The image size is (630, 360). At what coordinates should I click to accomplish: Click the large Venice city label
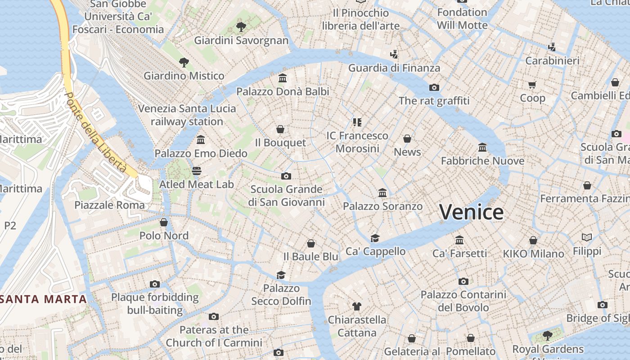[x=471, y=212]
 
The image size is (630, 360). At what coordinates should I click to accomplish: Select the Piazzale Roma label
[x=110, y=205]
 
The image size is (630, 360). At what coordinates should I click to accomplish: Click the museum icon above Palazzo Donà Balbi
[x=283, y=78]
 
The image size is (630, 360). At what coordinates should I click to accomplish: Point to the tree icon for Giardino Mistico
[x=184, y=62]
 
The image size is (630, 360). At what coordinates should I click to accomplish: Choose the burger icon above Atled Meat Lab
[x=197, y=171]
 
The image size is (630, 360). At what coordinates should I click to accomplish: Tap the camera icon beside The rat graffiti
[x=434, y=87]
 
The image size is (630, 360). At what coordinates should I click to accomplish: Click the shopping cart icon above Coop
[x=532, y=85]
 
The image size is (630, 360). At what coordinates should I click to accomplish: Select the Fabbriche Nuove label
[x=482, y=161]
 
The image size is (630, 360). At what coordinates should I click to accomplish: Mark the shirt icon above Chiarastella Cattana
[x=357, y=306]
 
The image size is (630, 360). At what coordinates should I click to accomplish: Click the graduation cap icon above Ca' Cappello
[x=375, y=238]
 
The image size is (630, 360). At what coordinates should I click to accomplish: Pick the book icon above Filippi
[x=587, y=237]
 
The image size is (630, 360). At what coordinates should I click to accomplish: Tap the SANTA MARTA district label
[x=43, y=299]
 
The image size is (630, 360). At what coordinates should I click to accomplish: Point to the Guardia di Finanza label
[x=394, y=68]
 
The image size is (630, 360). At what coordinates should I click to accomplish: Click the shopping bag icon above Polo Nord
[x=164, y=222]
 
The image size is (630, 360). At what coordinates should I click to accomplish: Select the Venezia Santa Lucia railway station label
[x=187, y=115]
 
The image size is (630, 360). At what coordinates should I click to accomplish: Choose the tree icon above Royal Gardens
[x=547, y=335]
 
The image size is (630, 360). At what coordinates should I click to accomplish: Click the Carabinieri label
[x=553, y=60]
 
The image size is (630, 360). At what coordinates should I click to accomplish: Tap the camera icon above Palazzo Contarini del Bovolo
[x=463, y=282]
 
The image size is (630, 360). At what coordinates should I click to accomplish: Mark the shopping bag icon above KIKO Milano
[x=533, y=240]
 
